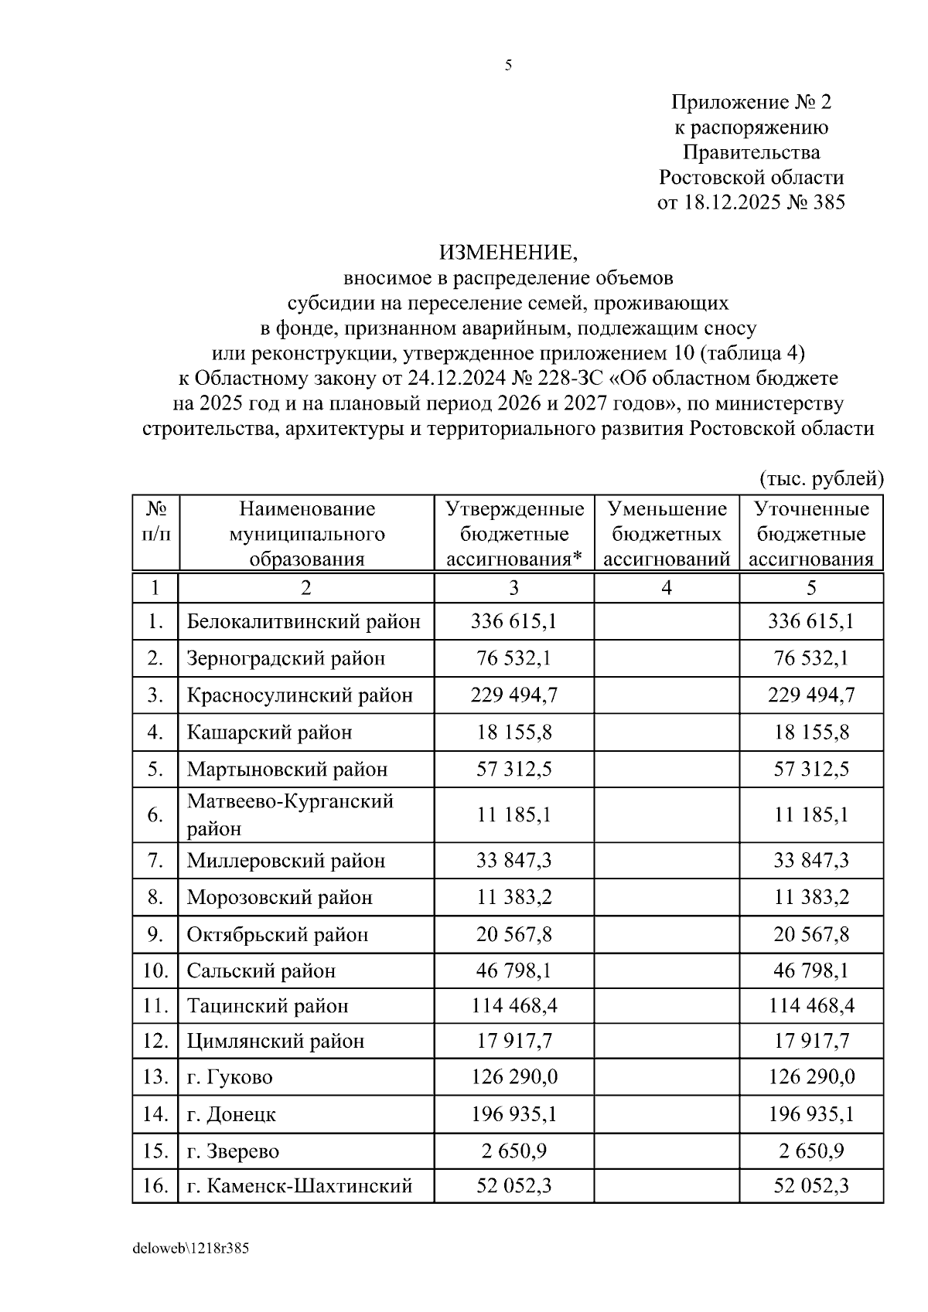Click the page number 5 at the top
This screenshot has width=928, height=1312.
point(508,66)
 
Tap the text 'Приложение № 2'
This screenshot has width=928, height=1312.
point(750,102)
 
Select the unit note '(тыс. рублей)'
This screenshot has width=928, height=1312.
point(821,478)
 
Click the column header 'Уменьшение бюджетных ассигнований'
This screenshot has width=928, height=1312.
point(667,534)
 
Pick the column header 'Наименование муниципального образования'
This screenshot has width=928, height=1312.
point(306,534)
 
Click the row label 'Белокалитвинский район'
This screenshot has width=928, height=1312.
point(304,621)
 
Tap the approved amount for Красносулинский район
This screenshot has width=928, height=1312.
point(513,695)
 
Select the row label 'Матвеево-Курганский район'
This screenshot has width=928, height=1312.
point(290,814)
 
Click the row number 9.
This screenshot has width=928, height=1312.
point(155,934)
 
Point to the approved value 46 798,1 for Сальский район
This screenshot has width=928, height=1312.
point(513,970)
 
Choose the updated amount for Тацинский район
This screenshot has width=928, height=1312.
point(811,1006)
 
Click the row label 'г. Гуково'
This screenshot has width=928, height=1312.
point(230,1077)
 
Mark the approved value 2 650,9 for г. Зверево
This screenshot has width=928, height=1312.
point(513,1151)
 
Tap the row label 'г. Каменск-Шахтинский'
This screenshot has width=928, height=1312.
point(299,1185)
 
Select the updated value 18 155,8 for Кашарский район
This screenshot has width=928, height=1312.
point(811,732)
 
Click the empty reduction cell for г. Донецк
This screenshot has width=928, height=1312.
point(667,1114)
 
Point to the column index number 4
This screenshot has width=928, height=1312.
point(667,588)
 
